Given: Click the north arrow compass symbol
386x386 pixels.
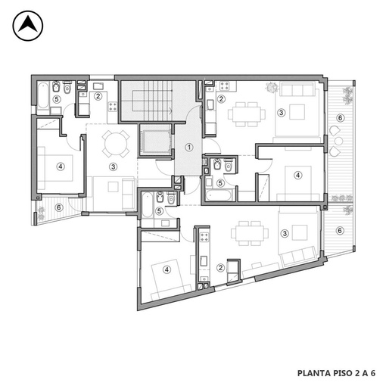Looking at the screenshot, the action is click(28, 26).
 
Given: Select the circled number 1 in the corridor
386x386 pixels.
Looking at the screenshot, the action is click(189, 147).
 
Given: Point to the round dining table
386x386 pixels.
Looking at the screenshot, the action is click(116, 144).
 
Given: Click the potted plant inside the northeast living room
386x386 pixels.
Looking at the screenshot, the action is click(272, 87).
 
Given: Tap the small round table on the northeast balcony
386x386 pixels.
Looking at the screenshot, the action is click(338, 141).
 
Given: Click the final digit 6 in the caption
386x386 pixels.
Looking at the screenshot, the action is click(372, 373).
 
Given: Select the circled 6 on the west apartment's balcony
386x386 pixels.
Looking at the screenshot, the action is click(59, 207).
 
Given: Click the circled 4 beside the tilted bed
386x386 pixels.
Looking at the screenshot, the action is click(167, 269).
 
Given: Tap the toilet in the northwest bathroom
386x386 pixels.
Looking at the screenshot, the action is click(67, 87).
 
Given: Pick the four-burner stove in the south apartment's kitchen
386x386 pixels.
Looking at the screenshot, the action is click(204, 237).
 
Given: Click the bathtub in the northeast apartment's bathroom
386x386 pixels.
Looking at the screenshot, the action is click(219, 195).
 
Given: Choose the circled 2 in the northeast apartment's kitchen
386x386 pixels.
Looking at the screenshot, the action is click(221, 99).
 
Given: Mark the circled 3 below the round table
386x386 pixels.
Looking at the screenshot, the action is click(114, 167).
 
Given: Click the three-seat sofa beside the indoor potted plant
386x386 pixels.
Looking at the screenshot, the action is click(297, 89).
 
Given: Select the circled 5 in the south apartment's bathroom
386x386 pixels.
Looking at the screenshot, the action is click(159, 210).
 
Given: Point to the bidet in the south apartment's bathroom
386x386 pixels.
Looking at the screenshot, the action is click(160, 197).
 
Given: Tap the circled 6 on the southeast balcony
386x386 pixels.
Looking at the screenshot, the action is click(340, 230).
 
